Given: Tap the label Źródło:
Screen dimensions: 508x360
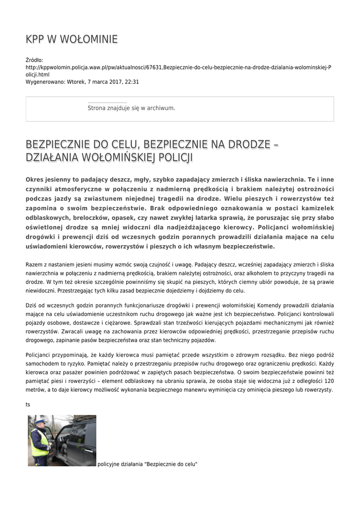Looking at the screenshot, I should coord(35,60).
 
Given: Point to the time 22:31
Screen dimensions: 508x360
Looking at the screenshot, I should coord(132,82).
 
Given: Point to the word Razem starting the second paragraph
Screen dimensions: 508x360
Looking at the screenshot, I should coord(34,265).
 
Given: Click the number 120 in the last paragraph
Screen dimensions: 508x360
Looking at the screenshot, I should coord(328,381).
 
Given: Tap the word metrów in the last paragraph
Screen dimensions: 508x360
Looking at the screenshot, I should coord(34,389).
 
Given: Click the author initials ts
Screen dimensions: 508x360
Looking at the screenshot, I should coord(28,404).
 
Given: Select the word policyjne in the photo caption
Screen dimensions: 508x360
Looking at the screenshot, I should coord(109,464).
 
